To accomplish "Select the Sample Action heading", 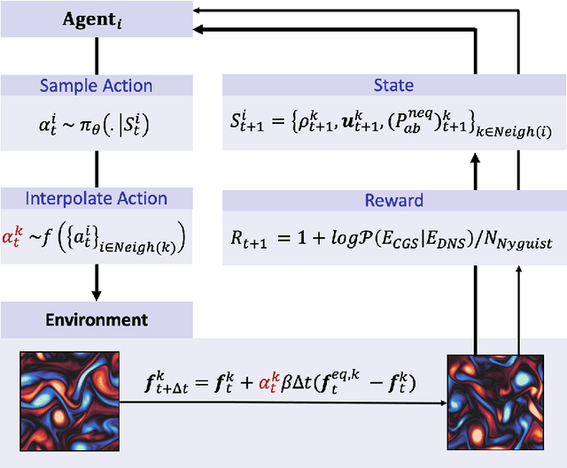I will [97, 86].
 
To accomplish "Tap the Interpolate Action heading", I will [97, 199].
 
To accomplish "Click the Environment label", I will [97, 318].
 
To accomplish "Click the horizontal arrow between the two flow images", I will [283, 403].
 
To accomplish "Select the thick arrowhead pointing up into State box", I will [476, 157].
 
